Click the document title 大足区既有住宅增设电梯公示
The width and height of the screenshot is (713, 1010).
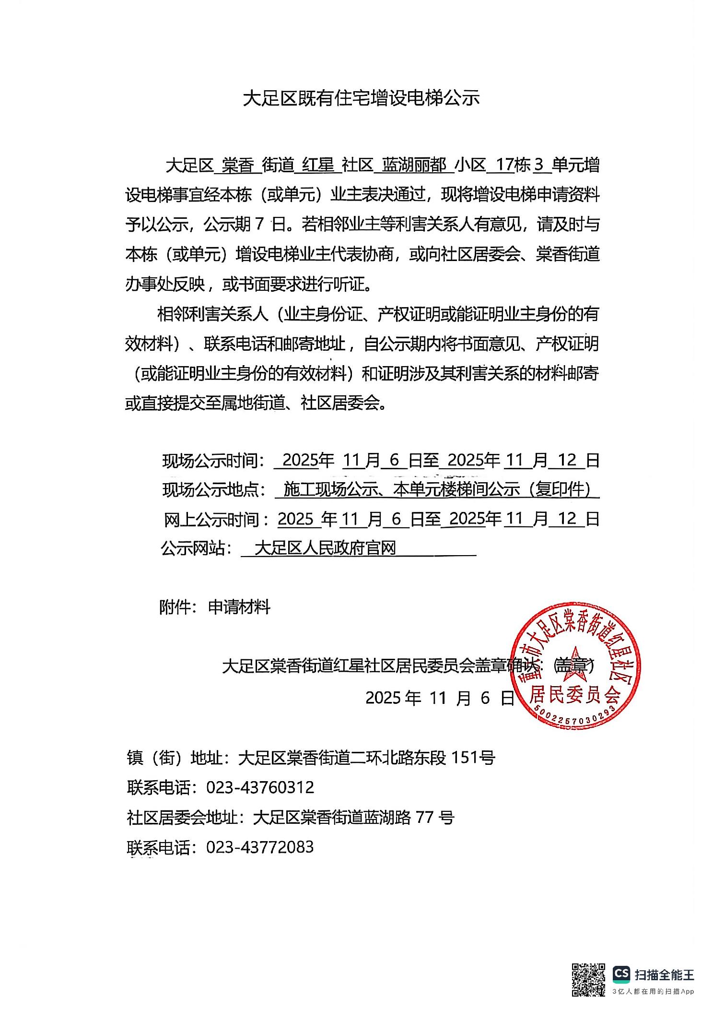[x=361, y=98]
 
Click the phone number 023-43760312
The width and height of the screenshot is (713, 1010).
[x=260, y=787]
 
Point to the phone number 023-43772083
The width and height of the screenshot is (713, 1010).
[x=260, y=846]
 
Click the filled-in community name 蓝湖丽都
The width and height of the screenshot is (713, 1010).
[x=414, y=166]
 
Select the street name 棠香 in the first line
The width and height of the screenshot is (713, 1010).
[x=238, y=166]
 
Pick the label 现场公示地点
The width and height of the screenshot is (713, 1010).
[x=213, y=490]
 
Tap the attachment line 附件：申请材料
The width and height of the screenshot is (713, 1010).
[x=215, y=607]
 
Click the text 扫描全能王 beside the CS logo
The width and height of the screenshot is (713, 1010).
[x=664, y=974]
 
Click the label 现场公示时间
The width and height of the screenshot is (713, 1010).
[x=213, y=461]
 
